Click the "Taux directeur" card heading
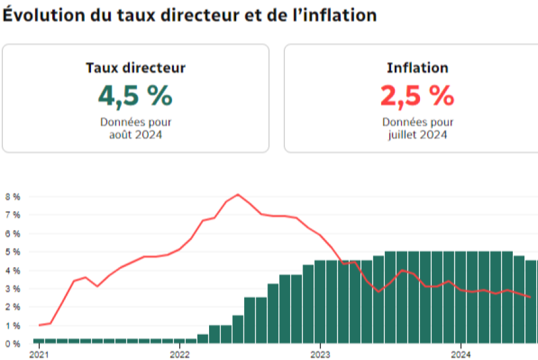coord(135,68)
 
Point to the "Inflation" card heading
coord(417,68)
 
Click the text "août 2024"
coord(135,134)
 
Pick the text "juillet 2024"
coord(417,134)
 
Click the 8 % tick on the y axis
coord(12,197)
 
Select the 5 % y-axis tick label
coord(12,252)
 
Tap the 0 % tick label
coord(12,343)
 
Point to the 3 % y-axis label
coord(12,289)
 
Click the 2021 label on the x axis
coord(39,355)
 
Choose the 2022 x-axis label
coord(180,355)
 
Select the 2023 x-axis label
coord(320,355)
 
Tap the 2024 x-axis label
coord(461,355)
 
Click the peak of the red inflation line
coord(238,194)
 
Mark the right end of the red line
coord(530,297)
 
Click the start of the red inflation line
coord(39,325)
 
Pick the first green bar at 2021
coord(39,340)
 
